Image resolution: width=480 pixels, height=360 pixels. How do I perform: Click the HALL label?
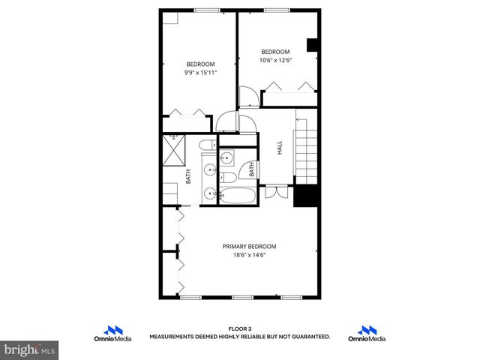point(279,148)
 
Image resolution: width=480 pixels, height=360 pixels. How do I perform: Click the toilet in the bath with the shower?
point(210,145)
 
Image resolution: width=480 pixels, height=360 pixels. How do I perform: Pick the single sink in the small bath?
point(226,157)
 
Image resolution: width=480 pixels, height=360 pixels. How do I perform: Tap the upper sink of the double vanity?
point(209,165)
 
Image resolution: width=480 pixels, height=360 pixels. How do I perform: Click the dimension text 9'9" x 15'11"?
point(200,73)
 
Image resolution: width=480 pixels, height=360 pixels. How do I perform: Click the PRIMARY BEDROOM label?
point(250,247)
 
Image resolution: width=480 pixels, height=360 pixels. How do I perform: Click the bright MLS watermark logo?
point(28,349)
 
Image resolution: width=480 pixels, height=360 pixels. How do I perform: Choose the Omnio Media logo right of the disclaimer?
point(367,334)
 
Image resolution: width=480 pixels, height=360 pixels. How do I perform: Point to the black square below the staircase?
point(306,196)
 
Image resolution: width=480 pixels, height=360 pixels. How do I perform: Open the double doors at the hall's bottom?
point(277,190)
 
